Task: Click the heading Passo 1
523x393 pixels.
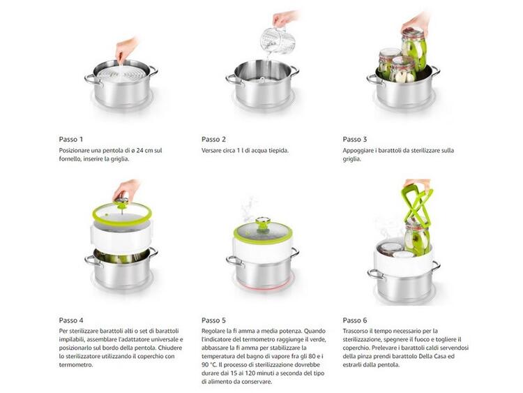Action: click(70, 139)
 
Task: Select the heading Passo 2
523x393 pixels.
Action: click(213, 139)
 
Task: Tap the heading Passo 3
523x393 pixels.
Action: click(354, 139)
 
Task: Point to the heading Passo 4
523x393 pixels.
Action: click(71, 320)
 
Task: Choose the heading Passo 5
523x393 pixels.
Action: click(213, 320)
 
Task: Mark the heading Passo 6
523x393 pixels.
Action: click(354, 320)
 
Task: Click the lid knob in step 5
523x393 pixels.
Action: click(263, 221)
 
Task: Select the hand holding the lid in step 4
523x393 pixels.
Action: click(126, 190)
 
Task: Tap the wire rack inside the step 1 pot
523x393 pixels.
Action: click(122, 73)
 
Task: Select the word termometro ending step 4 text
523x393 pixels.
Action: click(76, 365)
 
